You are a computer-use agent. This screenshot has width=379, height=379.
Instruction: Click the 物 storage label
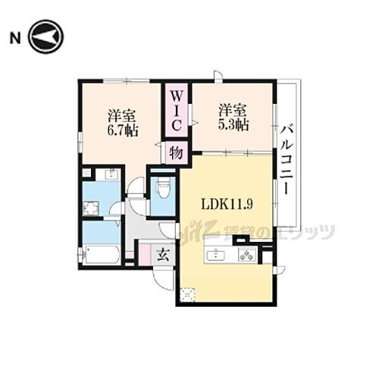click(175, 152)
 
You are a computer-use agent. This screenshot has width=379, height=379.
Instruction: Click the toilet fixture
click(162, 186)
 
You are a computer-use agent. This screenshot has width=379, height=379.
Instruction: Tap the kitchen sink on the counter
click(216, 254)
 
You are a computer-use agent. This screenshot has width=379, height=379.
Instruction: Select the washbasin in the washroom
click(110, 175)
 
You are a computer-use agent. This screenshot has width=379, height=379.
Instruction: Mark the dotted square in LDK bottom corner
click(187, 295)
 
